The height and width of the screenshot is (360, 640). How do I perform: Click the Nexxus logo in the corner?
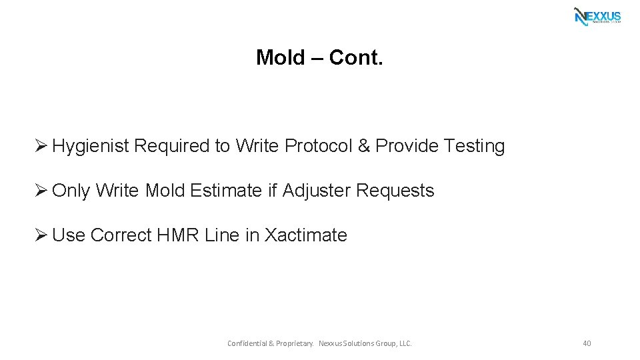click(x=597, y=16)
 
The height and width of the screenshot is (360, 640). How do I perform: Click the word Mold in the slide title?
click(x=280, y=58)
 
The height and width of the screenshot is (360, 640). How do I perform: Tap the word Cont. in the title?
click(x=356, y=58)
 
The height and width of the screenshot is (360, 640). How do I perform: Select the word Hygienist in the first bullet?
click(x=90, y=146)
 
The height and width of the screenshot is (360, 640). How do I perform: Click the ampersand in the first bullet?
click(x=363, y=146)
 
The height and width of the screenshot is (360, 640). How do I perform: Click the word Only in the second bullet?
click(x=71, y=191)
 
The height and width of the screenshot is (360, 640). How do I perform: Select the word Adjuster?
click(x=316, y=191)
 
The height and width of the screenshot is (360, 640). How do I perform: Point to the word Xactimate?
click(x=306, y=235)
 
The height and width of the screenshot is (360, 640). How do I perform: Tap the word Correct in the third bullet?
click(x=121, y=235)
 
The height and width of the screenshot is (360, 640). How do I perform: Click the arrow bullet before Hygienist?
click(x=41, y=146)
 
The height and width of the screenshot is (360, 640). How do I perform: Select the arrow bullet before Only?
click(x=41, y=191)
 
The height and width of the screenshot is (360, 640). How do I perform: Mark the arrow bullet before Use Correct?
click(x=41, y=235)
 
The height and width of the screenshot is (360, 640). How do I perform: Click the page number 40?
click(x=587, y=343)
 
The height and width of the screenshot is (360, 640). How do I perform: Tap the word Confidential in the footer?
click(x=247, y=343)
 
